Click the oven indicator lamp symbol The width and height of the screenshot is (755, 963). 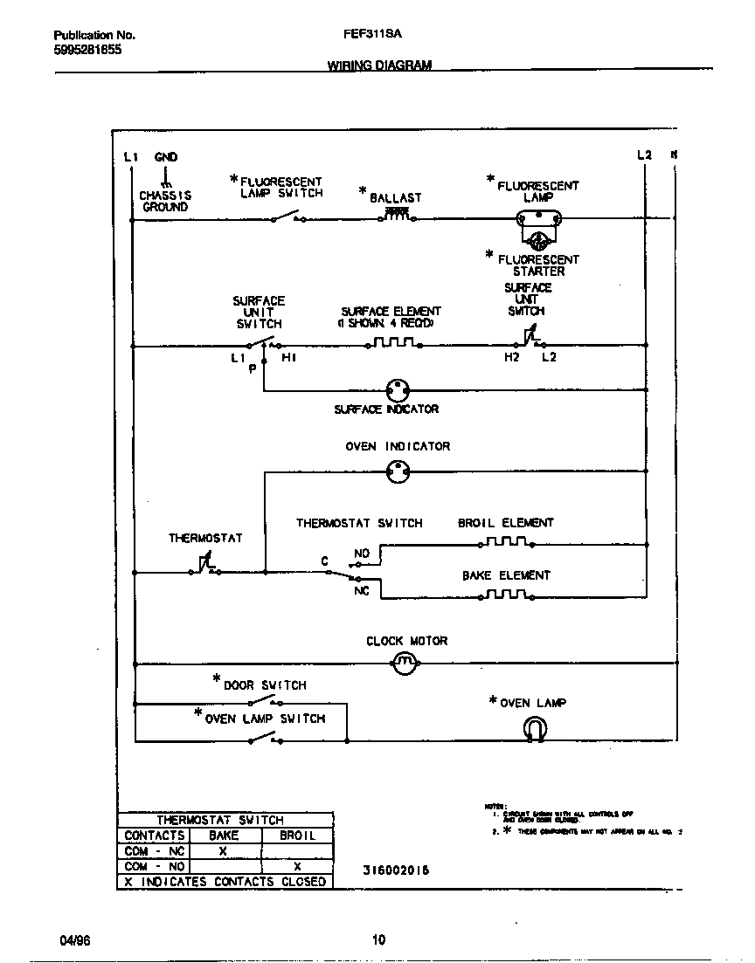pos(398,472)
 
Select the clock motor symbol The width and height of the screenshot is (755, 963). pos(404,664)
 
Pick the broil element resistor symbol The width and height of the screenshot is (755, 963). pos(506,542)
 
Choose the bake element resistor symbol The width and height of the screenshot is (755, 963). pos(506,595)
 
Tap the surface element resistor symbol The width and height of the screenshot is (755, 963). pos(392,343)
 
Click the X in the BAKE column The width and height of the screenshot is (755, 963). pos(223,851)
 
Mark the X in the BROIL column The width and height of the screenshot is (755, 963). pos(297,866)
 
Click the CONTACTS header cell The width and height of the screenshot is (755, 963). pos(155,836)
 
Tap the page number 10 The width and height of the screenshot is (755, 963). pos(377,940)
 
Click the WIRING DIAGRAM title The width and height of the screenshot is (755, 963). pos(379,65)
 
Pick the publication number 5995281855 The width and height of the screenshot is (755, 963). pos(87,50)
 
